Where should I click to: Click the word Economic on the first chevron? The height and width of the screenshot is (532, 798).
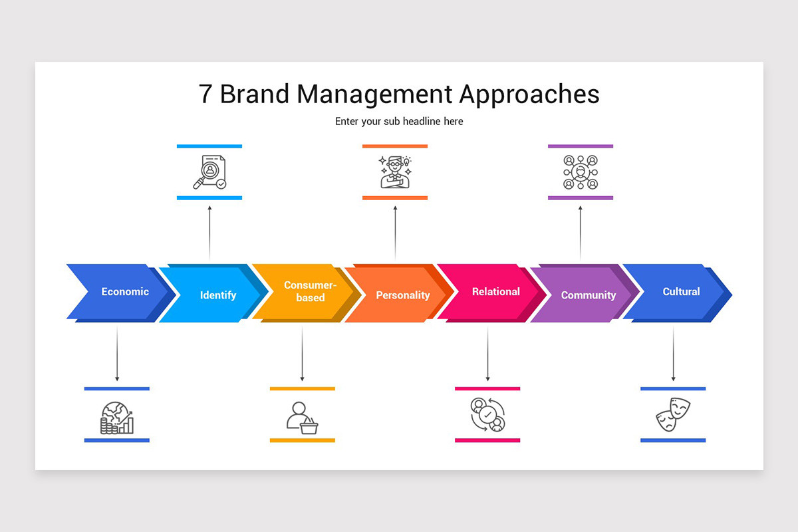click(x=125, y=291)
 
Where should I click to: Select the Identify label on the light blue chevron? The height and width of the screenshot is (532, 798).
click(x=218, y=295)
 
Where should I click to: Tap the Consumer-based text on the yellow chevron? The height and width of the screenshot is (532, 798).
click(x=311, y=291)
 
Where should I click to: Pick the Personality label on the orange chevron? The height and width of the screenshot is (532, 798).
click(x=403, y=295)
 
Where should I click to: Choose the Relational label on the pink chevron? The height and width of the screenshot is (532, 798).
click(x=496, y=291)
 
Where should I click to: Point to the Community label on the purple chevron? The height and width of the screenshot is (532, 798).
click(x=589, y=295)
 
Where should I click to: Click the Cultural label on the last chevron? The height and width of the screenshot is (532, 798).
click(x=681, y=291)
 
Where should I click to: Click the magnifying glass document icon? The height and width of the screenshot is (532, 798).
click(x=209, y=172)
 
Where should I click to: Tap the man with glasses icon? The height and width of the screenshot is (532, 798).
click(x=395, y=172)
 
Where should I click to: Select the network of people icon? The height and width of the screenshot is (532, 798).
click(x=581, y=172)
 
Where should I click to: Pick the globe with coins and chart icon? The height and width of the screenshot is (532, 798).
click(x=117, y=418)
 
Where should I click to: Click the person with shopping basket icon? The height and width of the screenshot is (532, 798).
click(x=302, y=418)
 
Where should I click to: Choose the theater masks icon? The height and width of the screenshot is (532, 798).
click(x=673, y=414)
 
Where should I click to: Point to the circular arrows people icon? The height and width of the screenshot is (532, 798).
click(x=487, y=414)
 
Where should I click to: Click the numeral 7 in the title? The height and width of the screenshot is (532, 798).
click(x=205, y=94)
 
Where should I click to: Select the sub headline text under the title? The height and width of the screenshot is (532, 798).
click(x=399, y=122)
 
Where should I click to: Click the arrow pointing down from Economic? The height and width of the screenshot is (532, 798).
click(x=117, y=353)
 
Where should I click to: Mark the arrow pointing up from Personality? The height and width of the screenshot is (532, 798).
click(x=395, y=233)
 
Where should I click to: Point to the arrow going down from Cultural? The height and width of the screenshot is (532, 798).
click(x=673, y=353)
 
